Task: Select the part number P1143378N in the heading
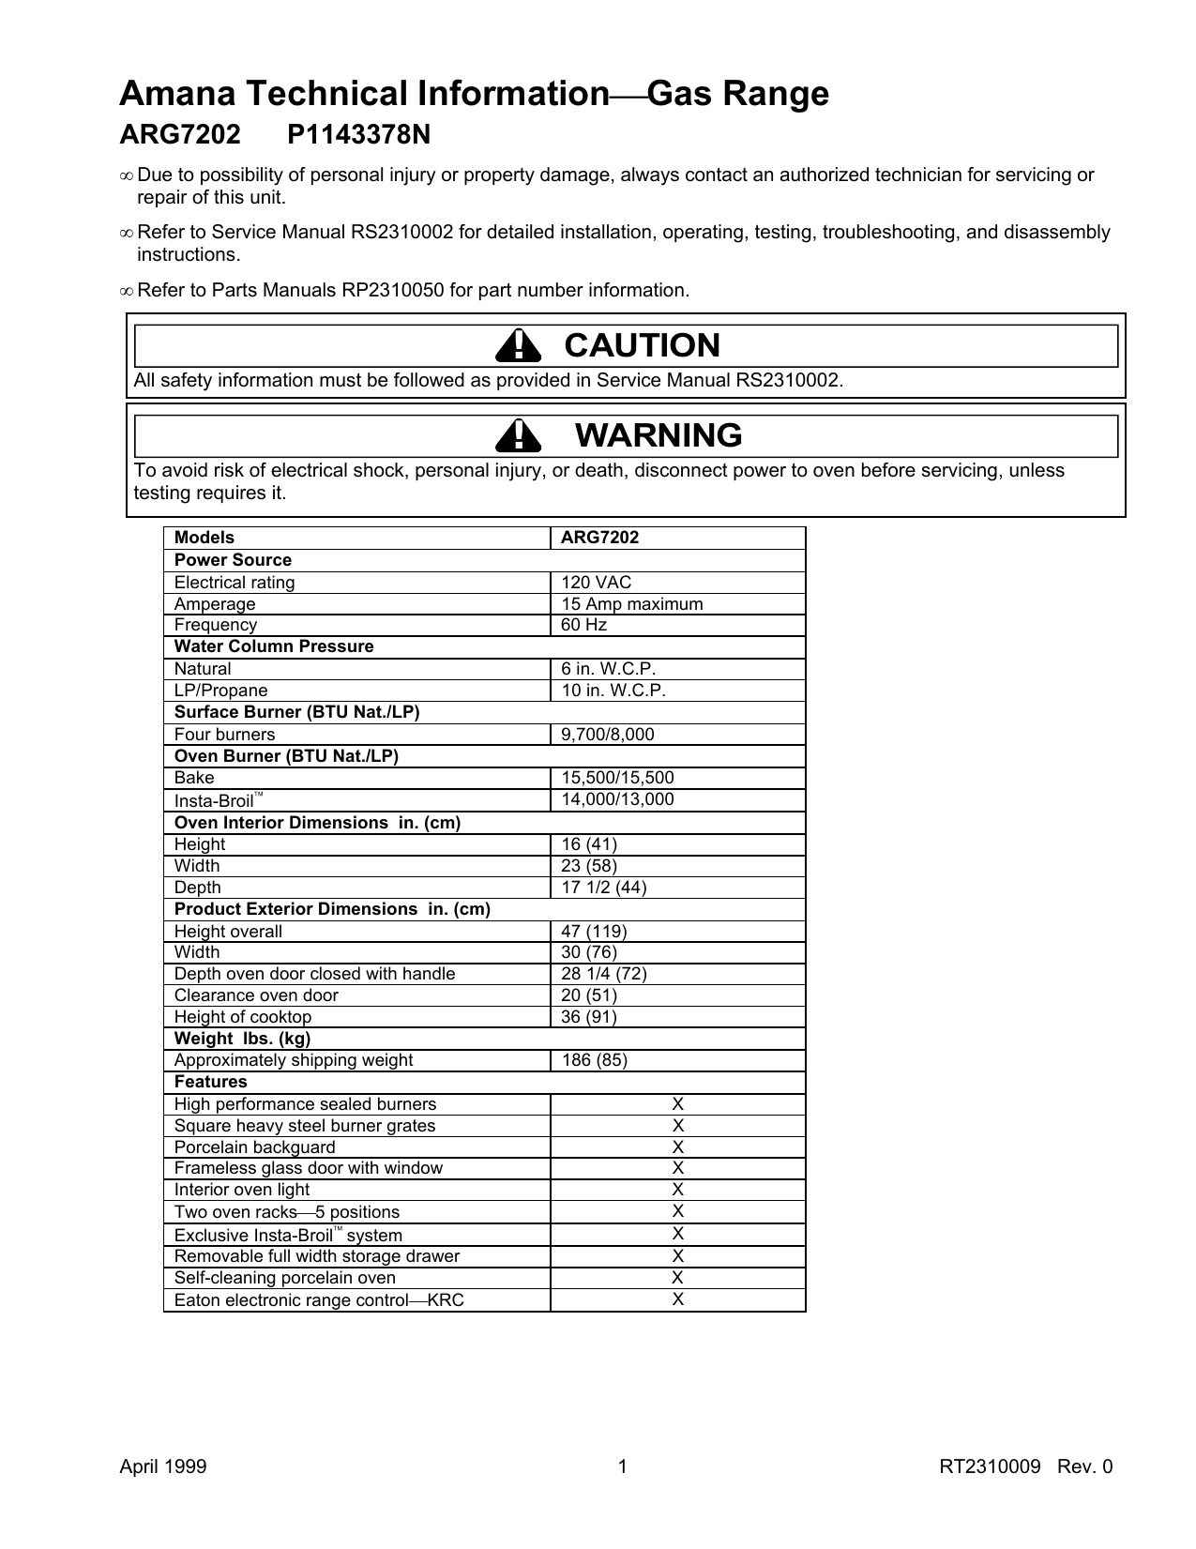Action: coord(358,136)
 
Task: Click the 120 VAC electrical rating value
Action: coord(596,583)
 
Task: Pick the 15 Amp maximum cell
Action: coord(631,604)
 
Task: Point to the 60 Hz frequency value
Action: coord(583,625)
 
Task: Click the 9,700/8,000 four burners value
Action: coord(608,735)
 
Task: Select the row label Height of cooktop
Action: coord(242,1017)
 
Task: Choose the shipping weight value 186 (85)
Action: coord(594,1060)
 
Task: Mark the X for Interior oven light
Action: coord(677,1190)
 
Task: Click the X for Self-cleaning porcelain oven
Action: coord(677,1278)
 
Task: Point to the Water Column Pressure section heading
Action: coord(274,646)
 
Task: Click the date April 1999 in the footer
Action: coord(162,1467)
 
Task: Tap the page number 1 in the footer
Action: coord(622,1467)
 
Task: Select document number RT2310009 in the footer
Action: coord(990,1467)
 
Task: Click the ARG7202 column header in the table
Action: coord(599,538)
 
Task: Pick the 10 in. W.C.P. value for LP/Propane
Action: coord(613,691)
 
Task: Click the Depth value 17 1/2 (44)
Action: coord(603,888)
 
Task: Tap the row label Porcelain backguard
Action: coord(254,1147)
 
